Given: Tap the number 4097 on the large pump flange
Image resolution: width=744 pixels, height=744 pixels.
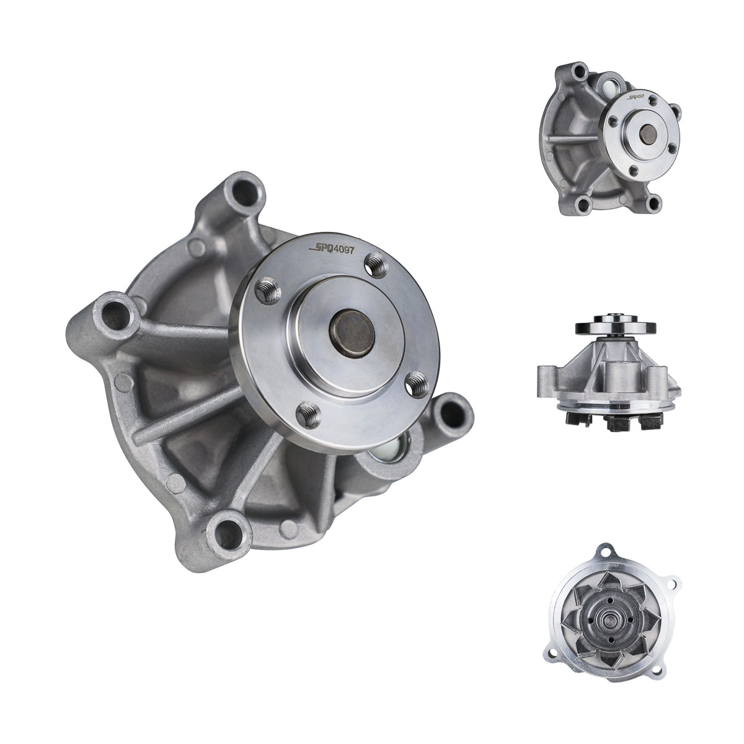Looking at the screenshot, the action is [x=344, y=249].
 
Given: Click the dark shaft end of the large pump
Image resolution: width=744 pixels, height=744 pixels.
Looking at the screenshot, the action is [x=352, y=330].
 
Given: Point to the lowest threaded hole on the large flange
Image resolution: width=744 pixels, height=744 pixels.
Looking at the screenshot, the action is [x=309, y=414].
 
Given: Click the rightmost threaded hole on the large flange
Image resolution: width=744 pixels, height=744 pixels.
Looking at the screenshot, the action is [x=418, y=386].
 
